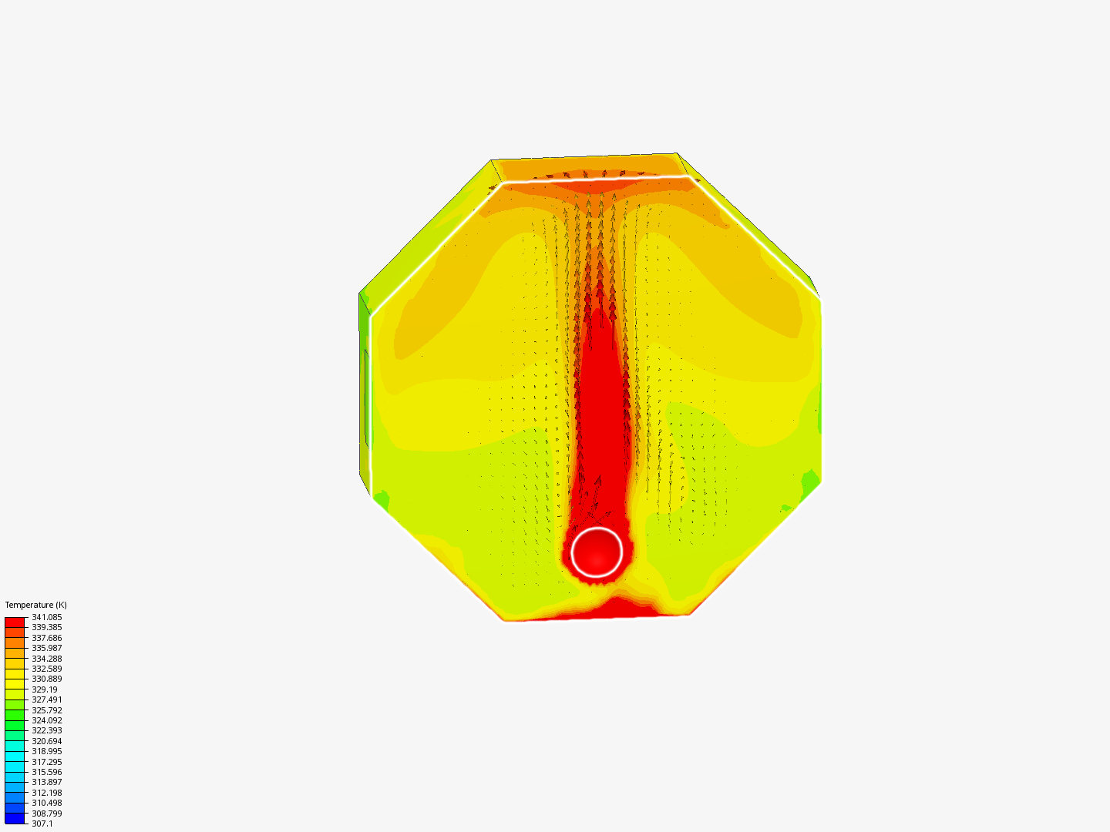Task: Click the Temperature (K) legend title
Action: [x=36, y=605]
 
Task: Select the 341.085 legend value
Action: [x=46, y=617]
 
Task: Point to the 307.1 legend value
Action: [x=42, y=824]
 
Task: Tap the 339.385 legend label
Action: [x=46, y=627]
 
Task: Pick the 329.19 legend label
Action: [x=45, y=689]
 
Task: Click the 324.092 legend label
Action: [x=46, y=720]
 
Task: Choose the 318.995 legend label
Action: [x=46, y=751]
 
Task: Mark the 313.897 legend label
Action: [x=46, y=782]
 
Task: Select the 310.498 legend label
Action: [x=46, y=803]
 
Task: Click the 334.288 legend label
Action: [x=46, y=658]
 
